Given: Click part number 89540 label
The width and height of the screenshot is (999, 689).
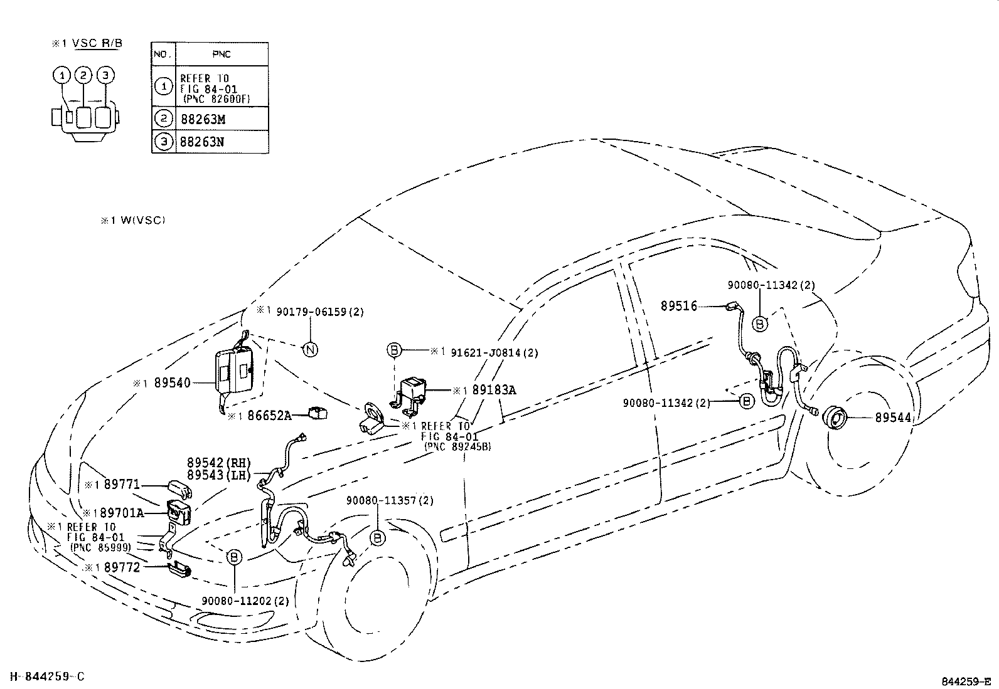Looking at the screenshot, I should click(x=172, y=382).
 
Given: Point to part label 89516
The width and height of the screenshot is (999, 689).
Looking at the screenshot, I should click(x=678, y=307).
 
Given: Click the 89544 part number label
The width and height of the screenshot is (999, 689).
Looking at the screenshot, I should click(x=893, y=417).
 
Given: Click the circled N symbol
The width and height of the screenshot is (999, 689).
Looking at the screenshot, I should click(x=311, y=350).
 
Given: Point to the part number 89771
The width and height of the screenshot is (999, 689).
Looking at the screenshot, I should click(x=122, y=485).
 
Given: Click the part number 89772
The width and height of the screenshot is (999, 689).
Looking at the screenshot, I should click(x=122, y=567).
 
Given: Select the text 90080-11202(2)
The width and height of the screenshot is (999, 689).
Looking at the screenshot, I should click(x=245, y=601).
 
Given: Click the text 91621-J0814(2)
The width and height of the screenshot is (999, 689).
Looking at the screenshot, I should click(x=494, y=352).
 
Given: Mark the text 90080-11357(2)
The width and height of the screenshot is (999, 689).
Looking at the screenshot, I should click(x=390, y=500).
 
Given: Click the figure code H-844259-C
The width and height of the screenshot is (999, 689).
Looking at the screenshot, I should click(x=43, y=676).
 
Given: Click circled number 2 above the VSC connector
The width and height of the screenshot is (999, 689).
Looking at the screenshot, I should click(x=84, y=75).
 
